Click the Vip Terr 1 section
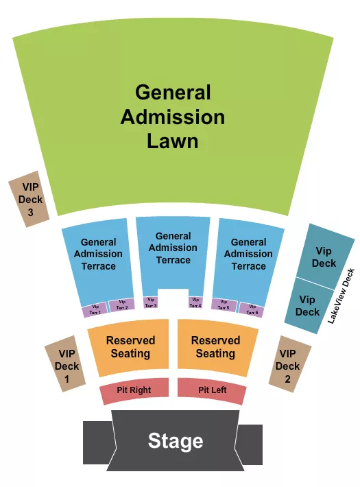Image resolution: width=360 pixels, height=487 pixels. pyautogui.click(x=94, y=311)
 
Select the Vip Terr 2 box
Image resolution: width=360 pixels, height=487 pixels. pyautogui.click(x=121, y=305)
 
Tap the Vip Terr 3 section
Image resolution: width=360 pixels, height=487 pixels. pyautogui.click(x=150, y=302)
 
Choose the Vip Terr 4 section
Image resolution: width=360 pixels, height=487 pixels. pyautogui.click(x=195, y=302)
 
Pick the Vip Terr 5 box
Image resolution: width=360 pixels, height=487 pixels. pyautogui.click(x=224, y=305)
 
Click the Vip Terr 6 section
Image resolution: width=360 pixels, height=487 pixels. pyautogui.click(x=252, y=309)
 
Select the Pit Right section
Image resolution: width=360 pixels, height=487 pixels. pyautogui.click(x=135, y=391)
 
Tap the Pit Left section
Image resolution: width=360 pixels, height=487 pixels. pyautogui.click(x=212, y=390)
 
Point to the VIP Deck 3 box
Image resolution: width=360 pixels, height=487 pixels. pyautogui.click(x=30, y=199)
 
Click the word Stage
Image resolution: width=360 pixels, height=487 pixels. pyautogui.click(x=176, y=441)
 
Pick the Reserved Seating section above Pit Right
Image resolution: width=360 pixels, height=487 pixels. pyautogui.click(x=130, y=347)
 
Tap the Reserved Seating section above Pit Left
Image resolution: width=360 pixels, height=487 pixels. pyautogui.click(x=215, y=347)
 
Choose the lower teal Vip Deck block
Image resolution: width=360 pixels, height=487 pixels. pyautogui.click(x=307, y=305)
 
